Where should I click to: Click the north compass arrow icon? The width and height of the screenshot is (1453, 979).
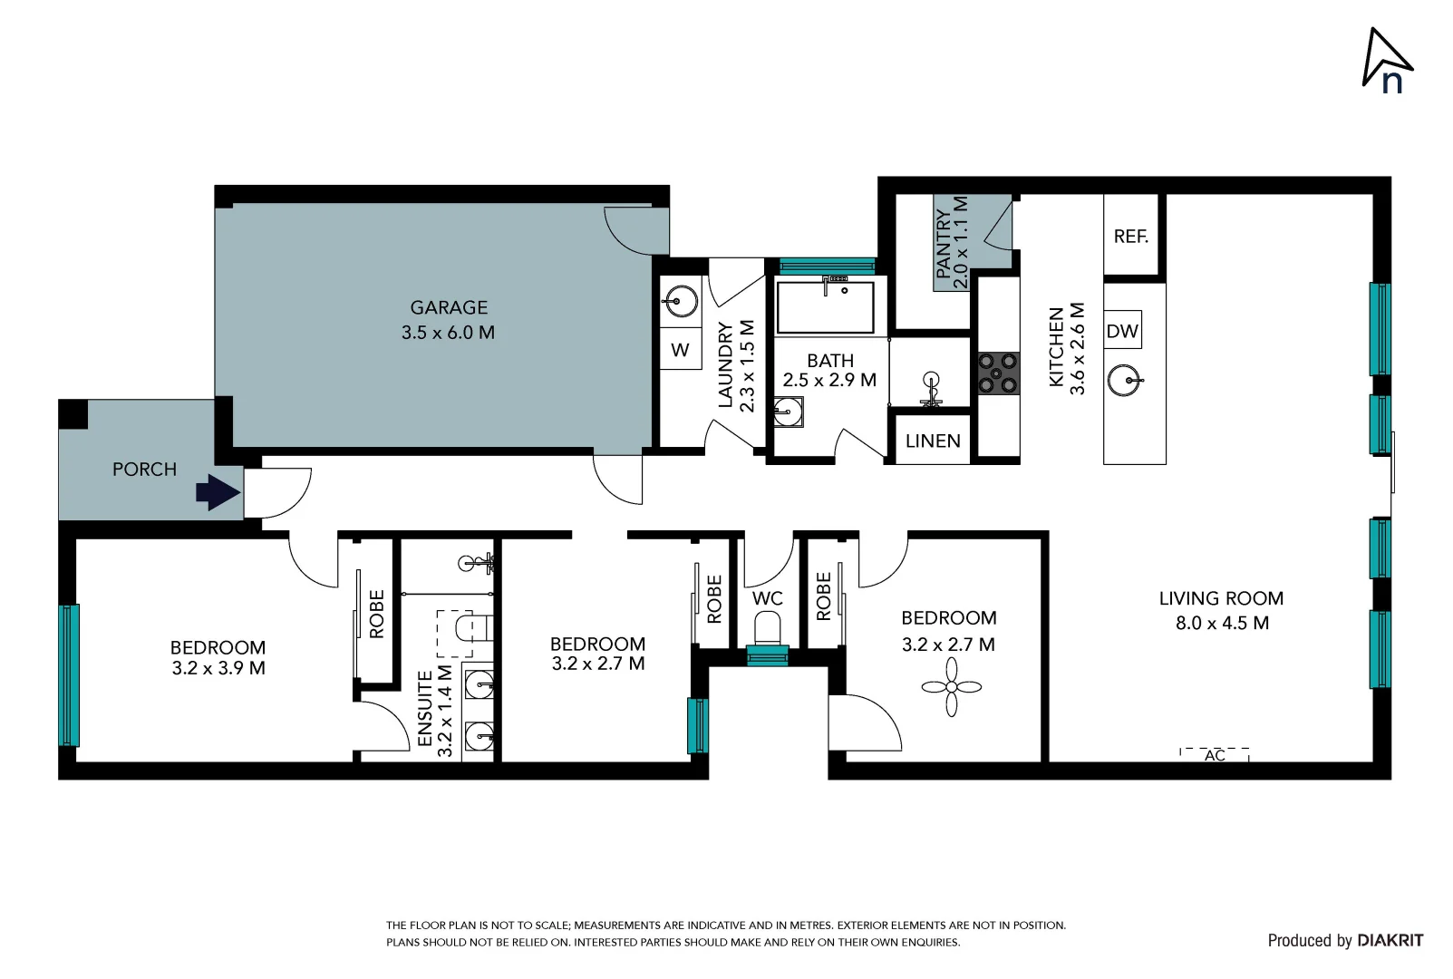[x=1387, y=60]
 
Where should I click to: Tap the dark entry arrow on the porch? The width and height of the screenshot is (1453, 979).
[x=218, y=492]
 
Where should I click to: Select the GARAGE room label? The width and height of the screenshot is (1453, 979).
[x=449, y=308]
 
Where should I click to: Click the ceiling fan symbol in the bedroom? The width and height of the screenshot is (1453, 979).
[x=951, y=687]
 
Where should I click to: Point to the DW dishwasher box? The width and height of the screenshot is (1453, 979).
[x=1122, y=331]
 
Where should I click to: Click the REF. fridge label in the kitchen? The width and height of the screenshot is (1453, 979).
[x=1130, y=237]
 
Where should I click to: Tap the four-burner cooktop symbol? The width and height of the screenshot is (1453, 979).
[x=997, y=373]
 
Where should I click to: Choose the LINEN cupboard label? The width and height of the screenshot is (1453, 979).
[x=933, y=441]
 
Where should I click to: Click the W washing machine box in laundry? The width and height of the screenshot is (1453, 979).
[x=680, y=350]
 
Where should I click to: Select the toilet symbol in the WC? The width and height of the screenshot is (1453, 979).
[x=768, y=626]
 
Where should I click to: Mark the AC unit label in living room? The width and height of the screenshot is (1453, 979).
[x=1215, y=755]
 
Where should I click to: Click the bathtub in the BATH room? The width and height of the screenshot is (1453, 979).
[x=825, y=306]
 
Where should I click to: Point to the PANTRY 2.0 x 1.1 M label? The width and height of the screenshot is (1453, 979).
[x=952, y=243]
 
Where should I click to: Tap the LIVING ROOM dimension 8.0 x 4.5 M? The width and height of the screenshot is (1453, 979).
[x=1222, y=623]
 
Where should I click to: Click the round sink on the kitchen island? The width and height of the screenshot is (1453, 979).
[x=1125, y=380]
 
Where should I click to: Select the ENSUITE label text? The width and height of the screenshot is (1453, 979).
[x=425, y=709]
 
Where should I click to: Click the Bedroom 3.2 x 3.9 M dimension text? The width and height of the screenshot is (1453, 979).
[x=218, y=668]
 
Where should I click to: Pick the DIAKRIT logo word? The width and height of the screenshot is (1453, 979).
[x=1390, y=940]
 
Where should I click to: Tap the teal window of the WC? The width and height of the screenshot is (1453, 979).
[x=768, y=655]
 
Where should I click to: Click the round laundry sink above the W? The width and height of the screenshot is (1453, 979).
[x=680, y=300]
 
